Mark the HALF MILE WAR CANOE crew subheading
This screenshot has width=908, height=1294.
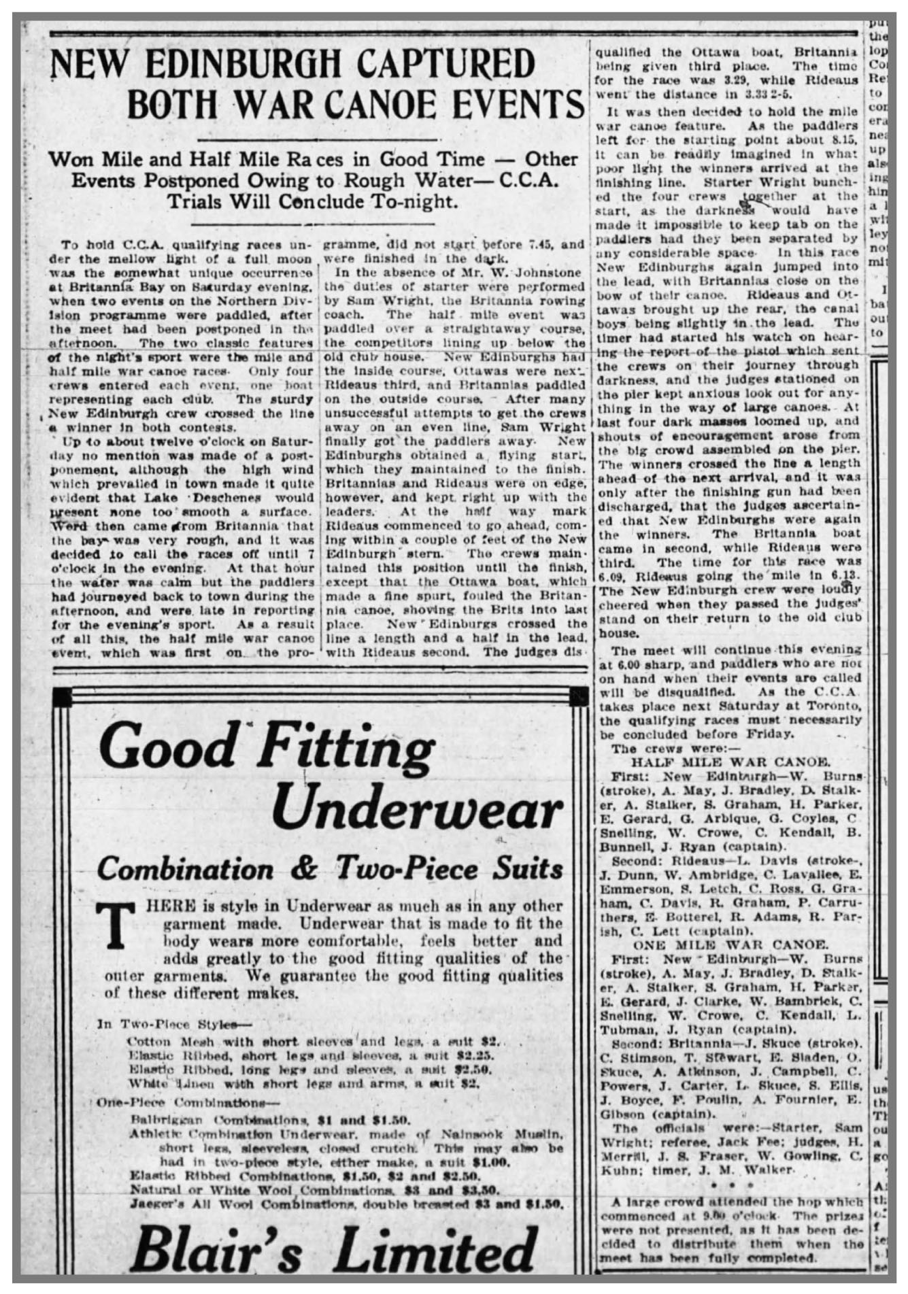(729, 762)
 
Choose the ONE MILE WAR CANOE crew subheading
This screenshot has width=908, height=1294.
(730, 944)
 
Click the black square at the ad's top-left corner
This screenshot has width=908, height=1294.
(61, 696)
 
